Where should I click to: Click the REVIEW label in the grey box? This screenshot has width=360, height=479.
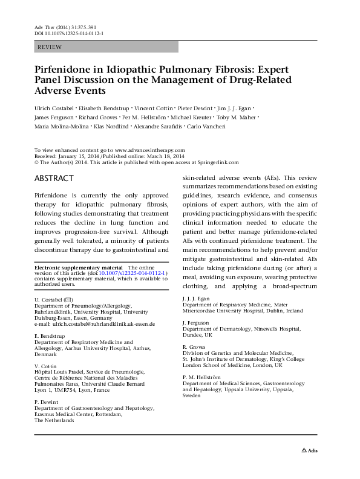[x=49, y=47]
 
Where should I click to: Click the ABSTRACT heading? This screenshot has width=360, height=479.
[x=54, y=178]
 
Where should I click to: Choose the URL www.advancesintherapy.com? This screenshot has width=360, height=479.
[x=150, y=150]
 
